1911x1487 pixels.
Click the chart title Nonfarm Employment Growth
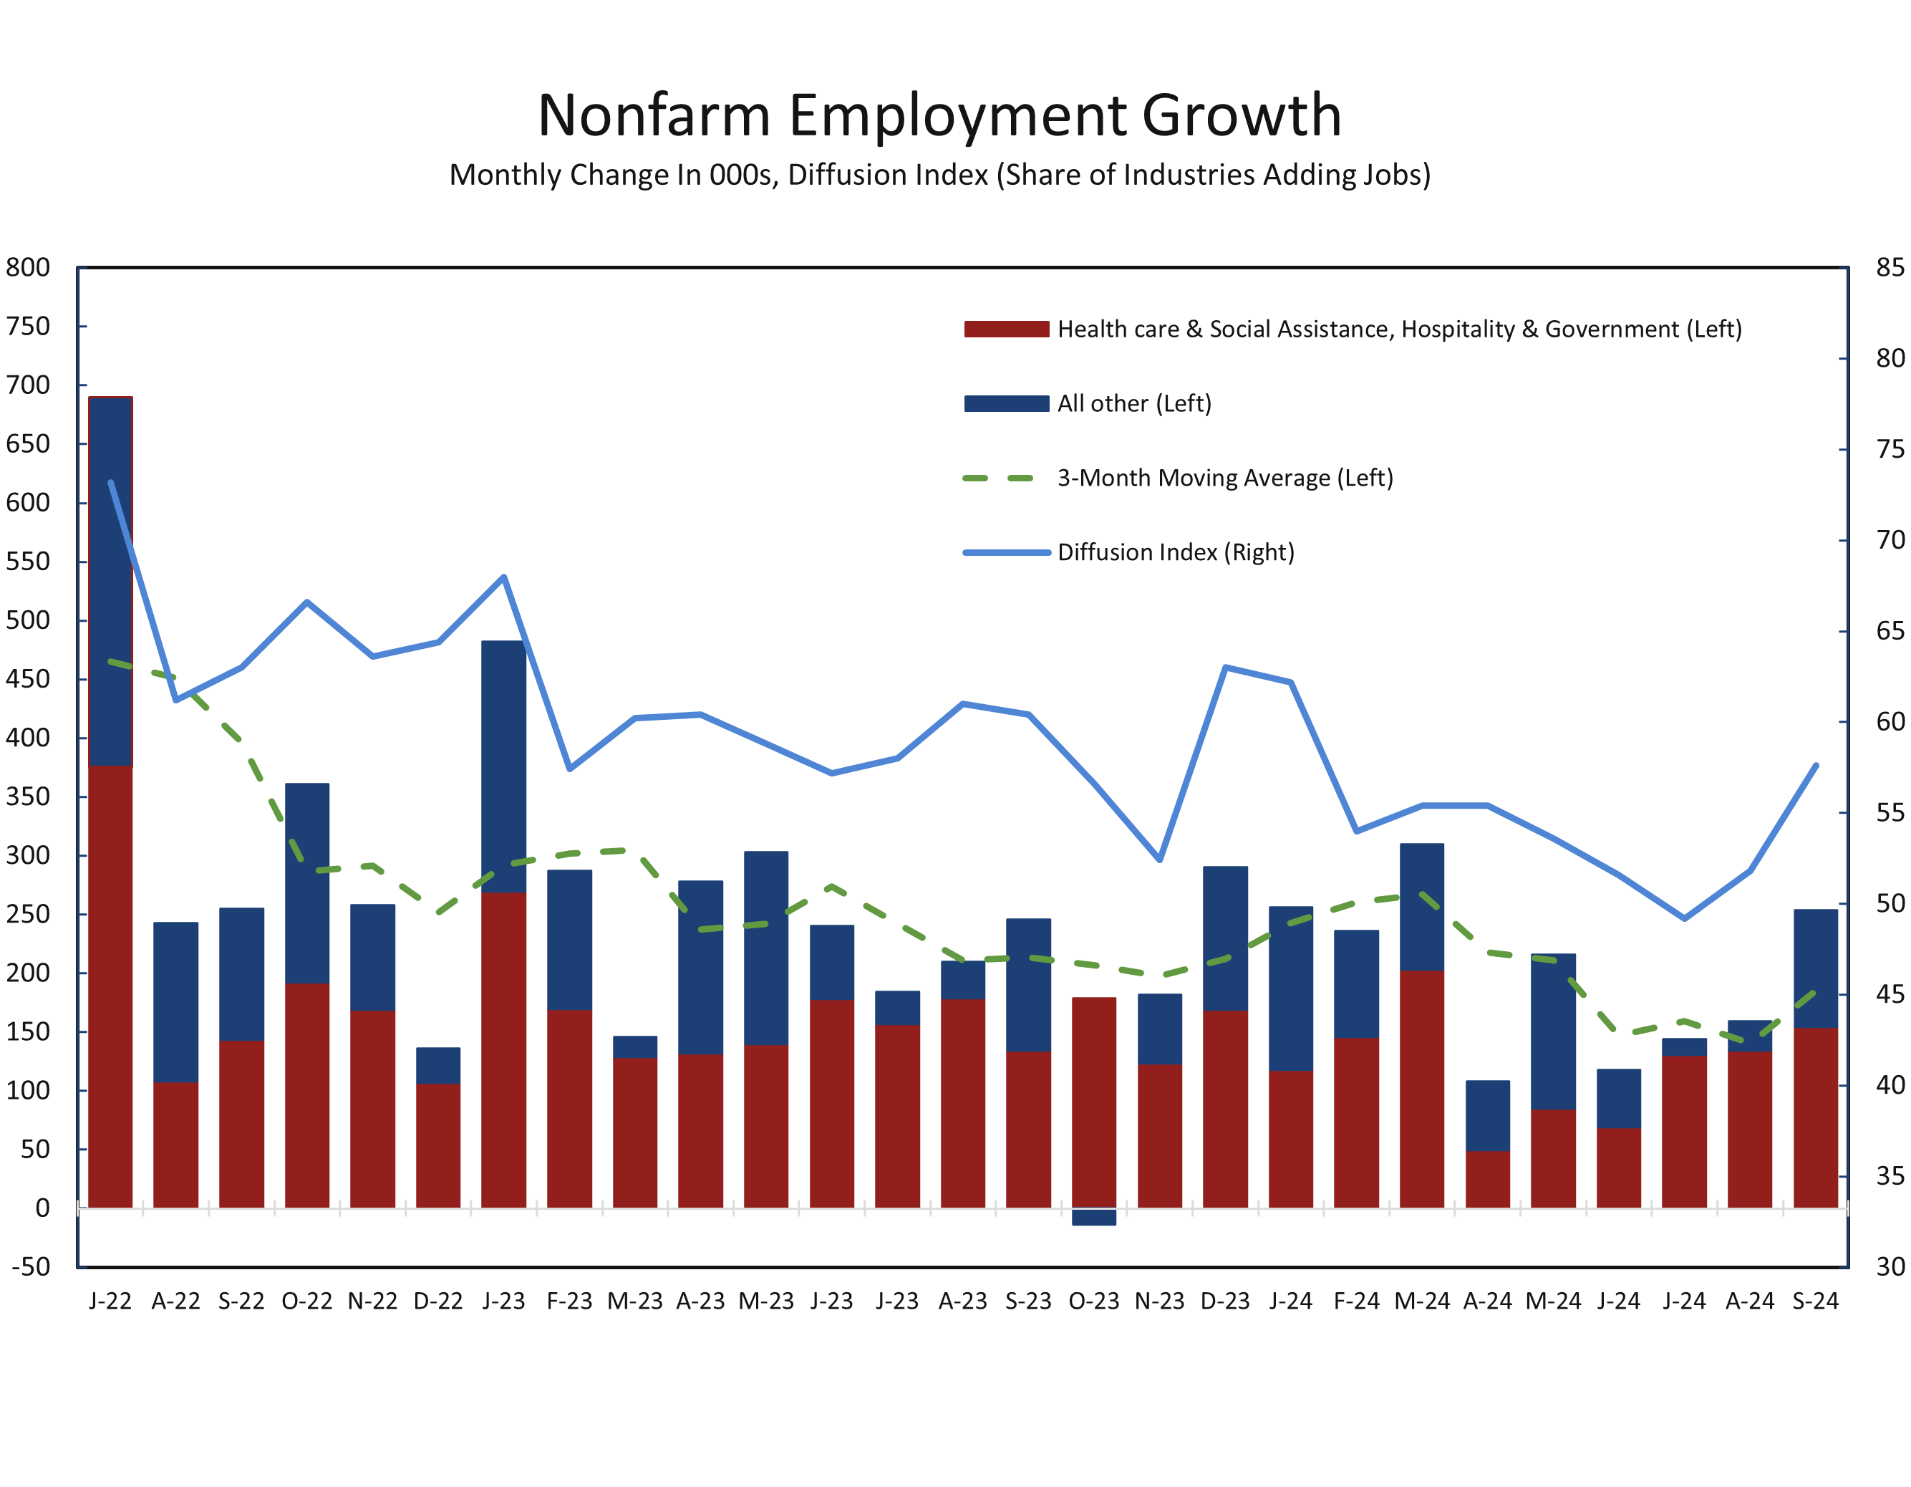tap(940, 115)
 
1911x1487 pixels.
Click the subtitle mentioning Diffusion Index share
tap(940, 175)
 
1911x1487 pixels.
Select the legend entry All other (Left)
tap(1134, 403)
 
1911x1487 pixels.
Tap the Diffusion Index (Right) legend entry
tap(1175, 552)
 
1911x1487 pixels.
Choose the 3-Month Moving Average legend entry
tap(1224, 478)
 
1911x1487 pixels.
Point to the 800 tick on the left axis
tap(28, 267)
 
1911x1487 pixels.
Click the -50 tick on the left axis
tap(31, 1266)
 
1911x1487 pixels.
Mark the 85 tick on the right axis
tap(1890, 267)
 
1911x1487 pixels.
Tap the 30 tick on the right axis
tap(1890, 1266)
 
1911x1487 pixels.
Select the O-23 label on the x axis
tap(1094, 1301)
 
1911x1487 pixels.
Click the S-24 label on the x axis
tap(1816, 1301)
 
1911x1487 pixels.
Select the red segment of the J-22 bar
tap(110, 987)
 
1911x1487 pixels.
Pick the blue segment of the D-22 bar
tap(437, 1065)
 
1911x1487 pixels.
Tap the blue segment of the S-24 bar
tap(1816, 968)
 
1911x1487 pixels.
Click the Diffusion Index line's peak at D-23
tap(1225, 668)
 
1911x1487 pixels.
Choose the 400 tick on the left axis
tap(28, 738)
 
